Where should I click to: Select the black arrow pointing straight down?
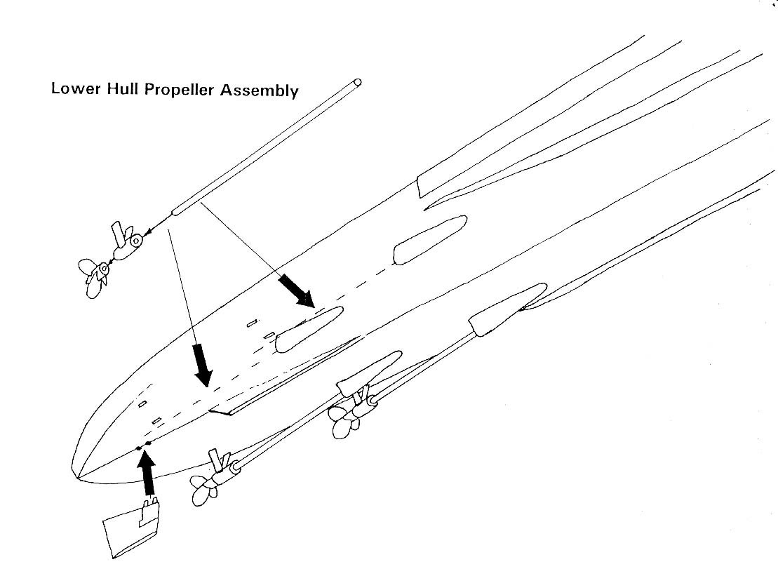(x=203, y=363)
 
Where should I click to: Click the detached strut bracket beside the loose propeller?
(x=126, y=242)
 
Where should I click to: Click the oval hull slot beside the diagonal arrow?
(x=309, y=329)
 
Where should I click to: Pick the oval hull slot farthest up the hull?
(x=430, y=239)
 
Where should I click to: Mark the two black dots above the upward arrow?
(x=144, y=445)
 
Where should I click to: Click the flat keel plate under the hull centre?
(x=281, y=379)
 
